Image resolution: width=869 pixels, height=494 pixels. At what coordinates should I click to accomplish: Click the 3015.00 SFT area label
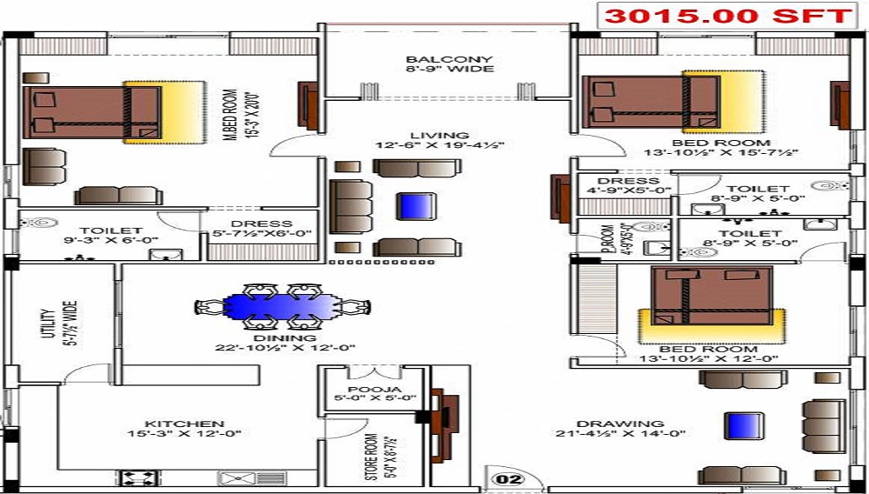(726, 17)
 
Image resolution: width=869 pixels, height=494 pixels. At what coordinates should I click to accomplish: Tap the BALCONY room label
(449, 60)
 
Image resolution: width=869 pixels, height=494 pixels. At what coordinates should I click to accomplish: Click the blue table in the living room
(412, 206)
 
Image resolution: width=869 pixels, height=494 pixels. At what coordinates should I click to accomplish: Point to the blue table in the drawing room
(741, 426)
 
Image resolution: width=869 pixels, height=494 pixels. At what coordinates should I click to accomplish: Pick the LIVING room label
(440, 136)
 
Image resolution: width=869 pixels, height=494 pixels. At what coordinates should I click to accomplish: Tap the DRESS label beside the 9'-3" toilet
(262, 224)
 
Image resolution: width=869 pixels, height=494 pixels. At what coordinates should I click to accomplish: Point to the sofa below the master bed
(117, 195)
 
